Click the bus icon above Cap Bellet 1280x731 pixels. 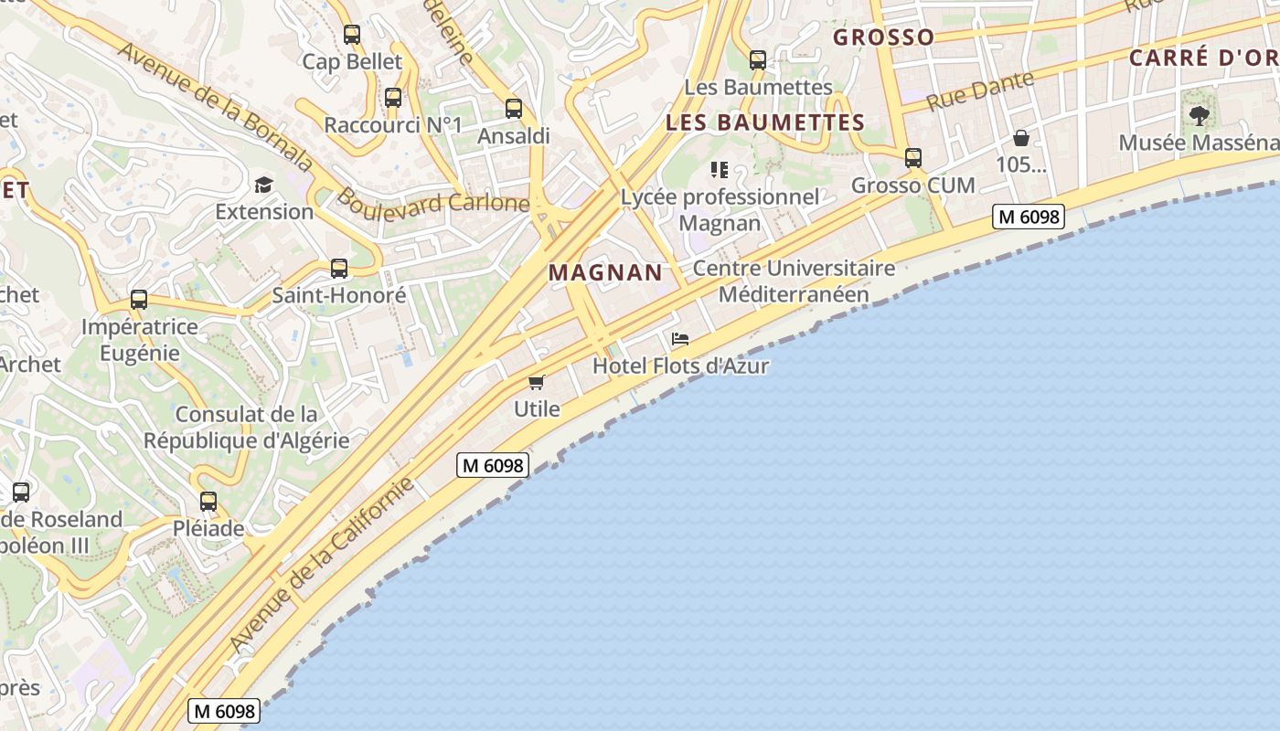[352, 36]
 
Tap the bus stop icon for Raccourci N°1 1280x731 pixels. [393, 98]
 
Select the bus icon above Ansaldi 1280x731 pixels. [514, 109]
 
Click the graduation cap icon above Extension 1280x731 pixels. [263, 185]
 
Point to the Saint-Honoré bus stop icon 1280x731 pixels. [339, 269]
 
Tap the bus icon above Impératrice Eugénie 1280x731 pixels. [139, 300]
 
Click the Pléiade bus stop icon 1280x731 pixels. [208, 502]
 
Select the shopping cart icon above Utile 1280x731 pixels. [537, 382]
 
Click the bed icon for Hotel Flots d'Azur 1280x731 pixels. [680, 339]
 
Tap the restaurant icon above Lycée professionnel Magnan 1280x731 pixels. [720, 170]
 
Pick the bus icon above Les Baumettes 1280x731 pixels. [758, 61]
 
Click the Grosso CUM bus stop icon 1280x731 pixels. [912, 158]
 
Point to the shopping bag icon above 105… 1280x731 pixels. [1020, 138]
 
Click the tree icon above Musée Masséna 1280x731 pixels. [1199, 116]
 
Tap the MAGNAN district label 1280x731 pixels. [605, 272]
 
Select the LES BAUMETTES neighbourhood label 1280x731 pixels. [765, 122]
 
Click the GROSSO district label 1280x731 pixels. [884, 37]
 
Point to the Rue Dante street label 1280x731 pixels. [980, 90]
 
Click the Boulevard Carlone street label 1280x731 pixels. [433, 201]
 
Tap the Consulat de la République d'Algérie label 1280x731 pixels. [247, 428]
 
